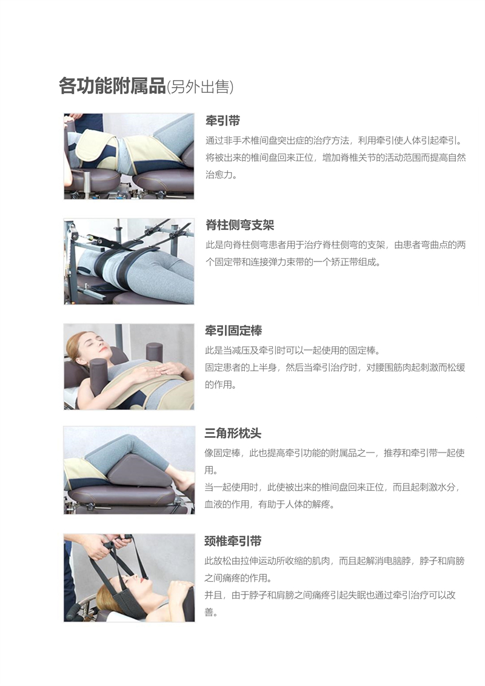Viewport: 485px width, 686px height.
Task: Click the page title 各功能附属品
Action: [x=112, y=86]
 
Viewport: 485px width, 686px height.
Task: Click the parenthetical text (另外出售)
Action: [x=200, y=87]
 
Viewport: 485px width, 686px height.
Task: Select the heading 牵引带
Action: [x=222, y=120]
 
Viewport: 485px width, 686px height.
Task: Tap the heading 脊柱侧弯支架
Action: [x=239, y=225]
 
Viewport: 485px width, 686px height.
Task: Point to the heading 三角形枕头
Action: [x=233, y=434]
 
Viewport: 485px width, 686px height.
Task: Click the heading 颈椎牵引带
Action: [x=233, y=541]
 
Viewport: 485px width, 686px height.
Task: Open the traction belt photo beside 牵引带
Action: [x=129, y=156]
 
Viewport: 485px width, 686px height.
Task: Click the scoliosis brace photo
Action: [x=129, y=261]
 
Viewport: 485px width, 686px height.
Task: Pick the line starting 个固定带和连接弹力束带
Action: [x=293, y=263]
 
